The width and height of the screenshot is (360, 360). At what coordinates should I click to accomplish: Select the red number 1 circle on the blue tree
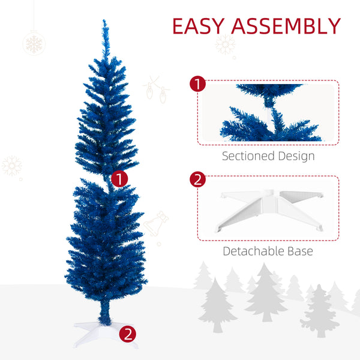(120, 178)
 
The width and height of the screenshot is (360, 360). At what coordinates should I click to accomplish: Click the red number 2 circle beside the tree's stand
(127, 333)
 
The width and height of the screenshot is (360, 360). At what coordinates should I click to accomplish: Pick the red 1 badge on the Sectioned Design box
(197, 84)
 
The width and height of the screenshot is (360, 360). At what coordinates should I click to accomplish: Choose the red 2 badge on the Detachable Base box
(197, 180)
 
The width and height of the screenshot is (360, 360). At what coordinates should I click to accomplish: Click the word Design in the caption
(295, 157)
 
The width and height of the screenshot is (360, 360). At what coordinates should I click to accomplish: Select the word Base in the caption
(299, 251)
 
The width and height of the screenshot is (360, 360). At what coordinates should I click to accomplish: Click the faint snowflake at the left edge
(12, 166)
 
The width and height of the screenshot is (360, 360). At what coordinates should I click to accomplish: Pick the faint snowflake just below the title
(226, 44)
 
